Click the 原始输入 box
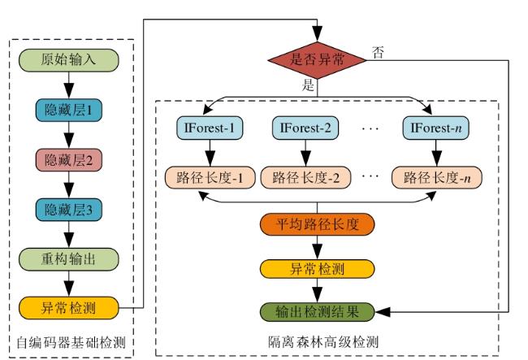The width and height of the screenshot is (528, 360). pos(69,60)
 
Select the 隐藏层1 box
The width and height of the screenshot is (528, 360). pos(69,110)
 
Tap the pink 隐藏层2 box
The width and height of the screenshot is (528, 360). pos(69,159)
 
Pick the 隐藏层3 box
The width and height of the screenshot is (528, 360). pos(69,210)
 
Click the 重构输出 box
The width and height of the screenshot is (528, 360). pos(69,259)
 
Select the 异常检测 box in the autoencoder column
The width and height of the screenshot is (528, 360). pos(69,308)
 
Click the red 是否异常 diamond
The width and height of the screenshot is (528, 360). pos(317,60)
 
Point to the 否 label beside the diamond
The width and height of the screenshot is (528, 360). pos(378,52)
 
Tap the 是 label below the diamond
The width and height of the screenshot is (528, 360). pos(308,85)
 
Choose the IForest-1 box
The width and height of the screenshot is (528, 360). pos(210,128)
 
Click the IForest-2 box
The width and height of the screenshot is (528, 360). pos(305,128)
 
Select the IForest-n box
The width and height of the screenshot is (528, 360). pos(435,128)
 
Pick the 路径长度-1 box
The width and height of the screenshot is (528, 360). pos(210,177)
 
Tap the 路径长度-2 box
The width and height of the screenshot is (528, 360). pos(305,177)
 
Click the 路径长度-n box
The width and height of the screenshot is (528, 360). pos(437,177)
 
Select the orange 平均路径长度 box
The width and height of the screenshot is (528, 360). pos(317,224)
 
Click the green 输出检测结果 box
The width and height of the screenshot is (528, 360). pos(317,312)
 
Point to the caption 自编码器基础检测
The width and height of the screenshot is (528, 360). pos(71,343)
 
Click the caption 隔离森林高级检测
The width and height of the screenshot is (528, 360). pos(323,342)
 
